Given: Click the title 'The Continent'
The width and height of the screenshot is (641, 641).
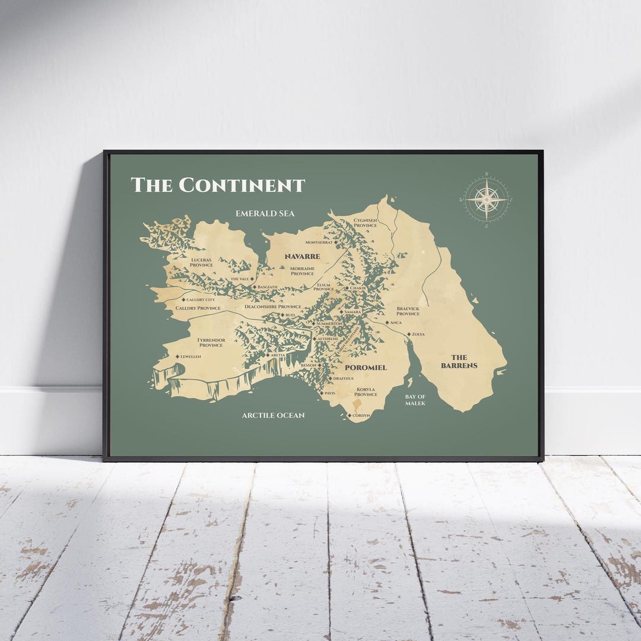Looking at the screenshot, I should coord(217,185).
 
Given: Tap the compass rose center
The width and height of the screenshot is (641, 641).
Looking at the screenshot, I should coord(487,200).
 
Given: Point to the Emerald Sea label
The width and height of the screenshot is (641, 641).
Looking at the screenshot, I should coord(265,213).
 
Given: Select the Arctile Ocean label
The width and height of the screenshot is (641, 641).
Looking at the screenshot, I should coord(273,415).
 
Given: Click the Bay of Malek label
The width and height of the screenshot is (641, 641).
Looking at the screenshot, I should coord(415,399).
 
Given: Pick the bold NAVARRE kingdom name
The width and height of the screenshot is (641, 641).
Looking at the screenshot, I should coord(302,256).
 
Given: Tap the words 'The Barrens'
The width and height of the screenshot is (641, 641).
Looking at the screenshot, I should coord(459,361).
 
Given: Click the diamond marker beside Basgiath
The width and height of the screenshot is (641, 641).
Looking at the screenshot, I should coord(254,287).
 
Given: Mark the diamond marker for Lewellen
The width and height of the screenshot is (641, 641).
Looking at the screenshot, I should coord(177,356).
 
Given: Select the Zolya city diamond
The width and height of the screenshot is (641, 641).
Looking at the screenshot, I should coord(408,334).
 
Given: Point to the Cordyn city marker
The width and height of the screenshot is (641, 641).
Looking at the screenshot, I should coord(350,415).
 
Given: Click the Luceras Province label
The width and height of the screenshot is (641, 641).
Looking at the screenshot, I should coord(202,262).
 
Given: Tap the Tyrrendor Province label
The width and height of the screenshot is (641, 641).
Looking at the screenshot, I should coord(211,342).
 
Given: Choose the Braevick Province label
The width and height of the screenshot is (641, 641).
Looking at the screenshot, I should coord(408,311).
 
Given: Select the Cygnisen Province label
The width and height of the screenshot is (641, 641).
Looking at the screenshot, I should coord(365,223).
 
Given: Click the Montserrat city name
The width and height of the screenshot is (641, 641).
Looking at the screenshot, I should coord(319,243).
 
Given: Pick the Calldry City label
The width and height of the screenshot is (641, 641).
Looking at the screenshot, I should coord(201,300).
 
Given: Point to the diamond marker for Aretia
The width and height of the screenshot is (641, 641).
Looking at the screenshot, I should coord(267,355).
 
